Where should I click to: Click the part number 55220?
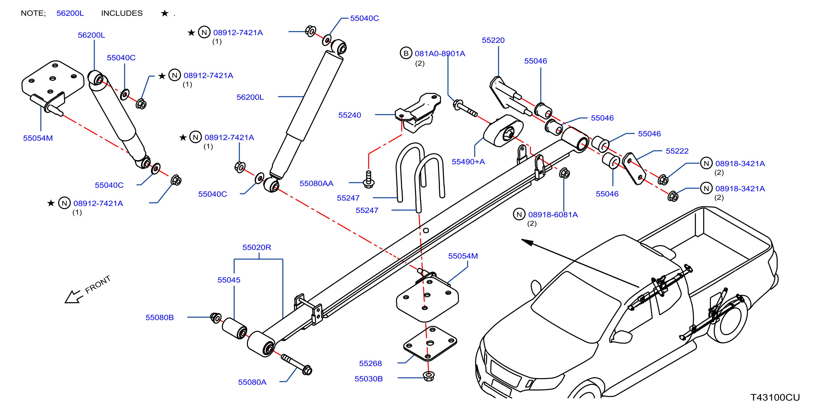[493, 40]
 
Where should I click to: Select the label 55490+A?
[468, 162]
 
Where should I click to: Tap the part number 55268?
[370, 364]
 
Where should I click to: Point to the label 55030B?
[368, 379]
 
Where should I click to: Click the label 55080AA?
[316, 183]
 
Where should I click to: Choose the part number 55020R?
[257, 247]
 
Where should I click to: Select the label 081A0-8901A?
[440, 54]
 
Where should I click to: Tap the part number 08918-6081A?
[553, 215]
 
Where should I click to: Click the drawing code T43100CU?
[775, 397]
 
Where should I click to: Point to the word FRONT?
[98, 284]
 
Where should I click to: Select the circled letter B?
[406, 53]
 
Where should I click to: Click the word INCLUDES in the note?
[122, 13]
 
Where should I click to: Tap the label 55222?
[677, 151]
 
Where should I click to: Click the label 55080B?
[160, 318]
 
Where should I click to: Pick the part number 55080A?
[252, 382]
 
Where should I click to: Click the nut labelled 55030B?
[429, 376]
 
